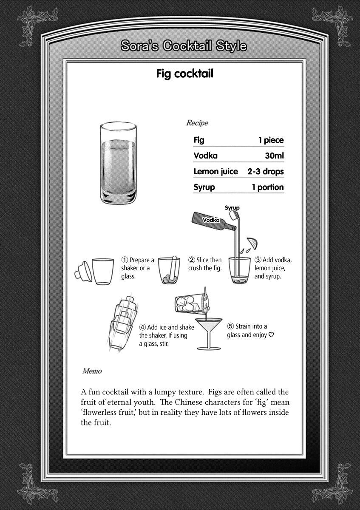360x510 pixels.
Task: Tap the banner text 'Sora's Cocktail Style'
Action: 183,46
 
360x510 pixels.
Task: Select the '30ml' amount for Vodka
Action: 274,156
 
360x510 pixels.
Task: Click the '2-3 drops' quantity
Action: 266,172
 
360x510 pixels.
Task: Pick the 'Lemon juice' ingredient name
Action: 215,172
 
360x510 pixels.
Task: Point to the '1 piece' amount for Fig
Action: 270,140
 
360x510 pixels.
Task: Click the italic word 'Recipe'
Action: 197,123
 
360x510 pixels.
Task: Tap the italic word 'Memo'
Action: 92,371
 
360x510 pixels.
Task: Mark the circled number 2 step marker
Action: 192,260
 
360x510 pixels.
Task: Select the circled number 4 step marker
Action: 142,327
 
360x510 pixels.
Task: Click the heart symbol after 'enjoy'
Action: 271,334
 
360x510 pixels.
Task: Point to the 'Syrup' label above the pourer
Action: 232,208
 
